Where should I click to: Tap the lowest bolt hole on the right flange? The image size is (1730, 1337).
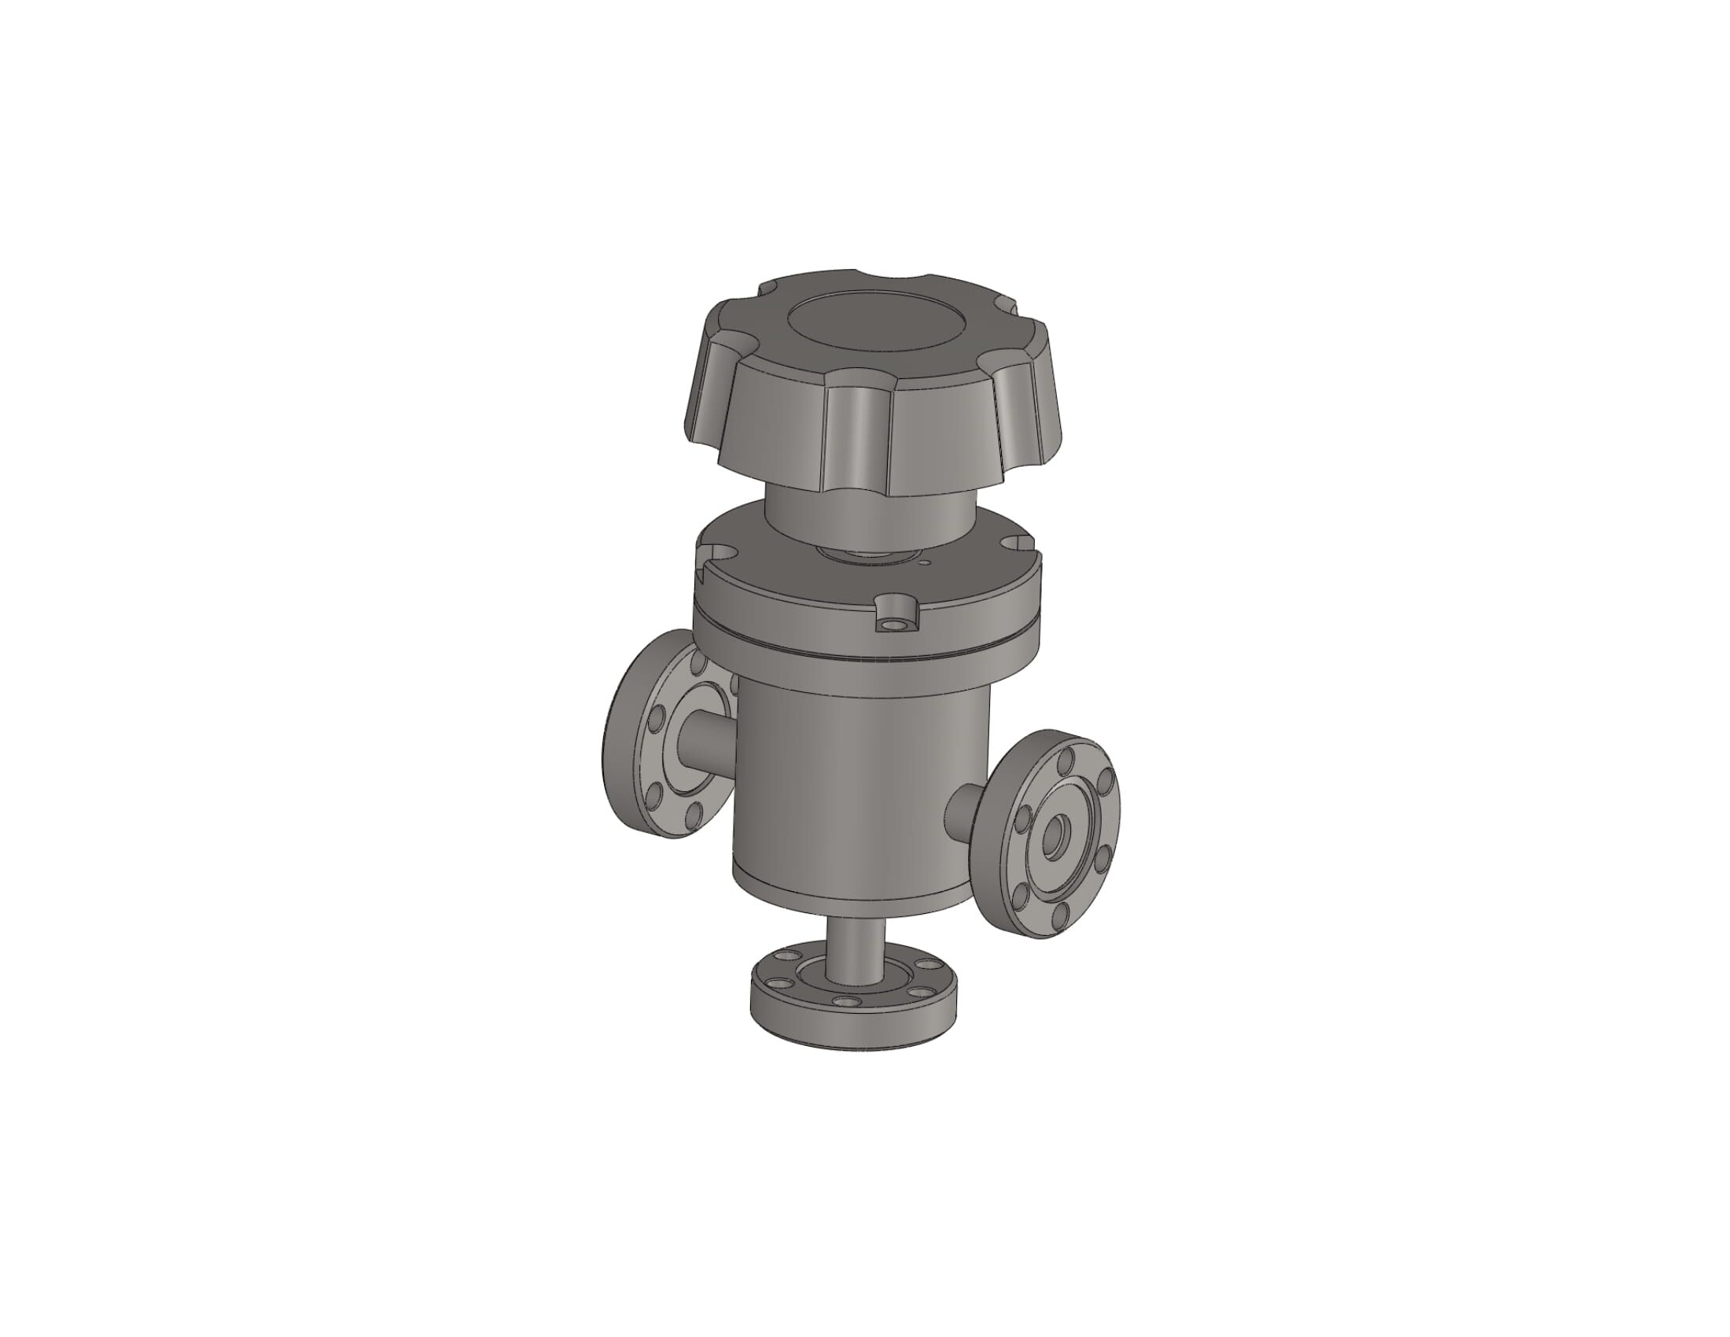[x=1058, y=917]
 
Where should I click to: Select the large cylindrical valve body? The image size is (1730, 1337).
[x=856, y=784]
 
